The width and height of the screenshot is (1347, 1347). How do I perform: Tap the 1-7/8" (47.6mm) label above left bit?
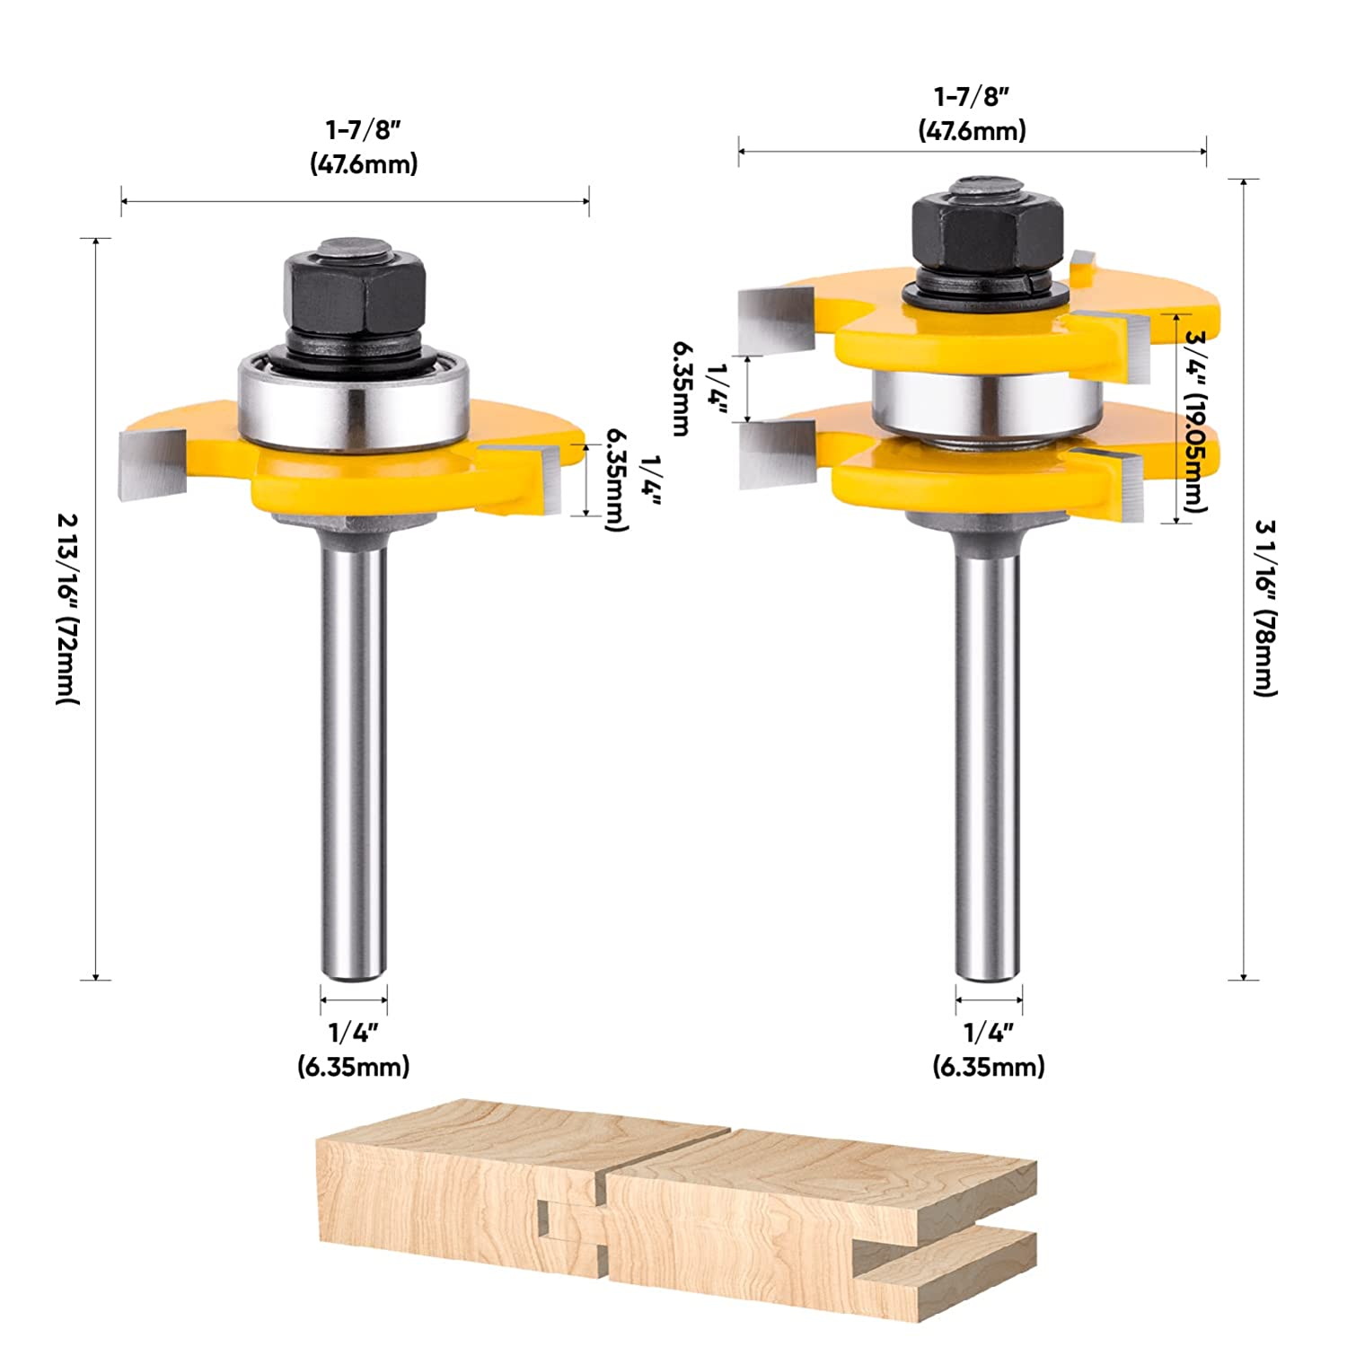pos(364,147)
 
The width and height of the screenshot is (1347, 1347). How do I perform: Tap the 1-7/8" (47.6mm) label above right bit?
pos(972,113)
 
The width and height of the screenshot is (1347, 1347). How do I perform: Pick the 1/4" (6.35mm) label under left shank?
pos(354,1050)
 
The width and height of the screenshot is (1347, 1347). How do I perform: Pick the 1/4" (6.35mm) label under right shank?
pos(989,1050)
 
